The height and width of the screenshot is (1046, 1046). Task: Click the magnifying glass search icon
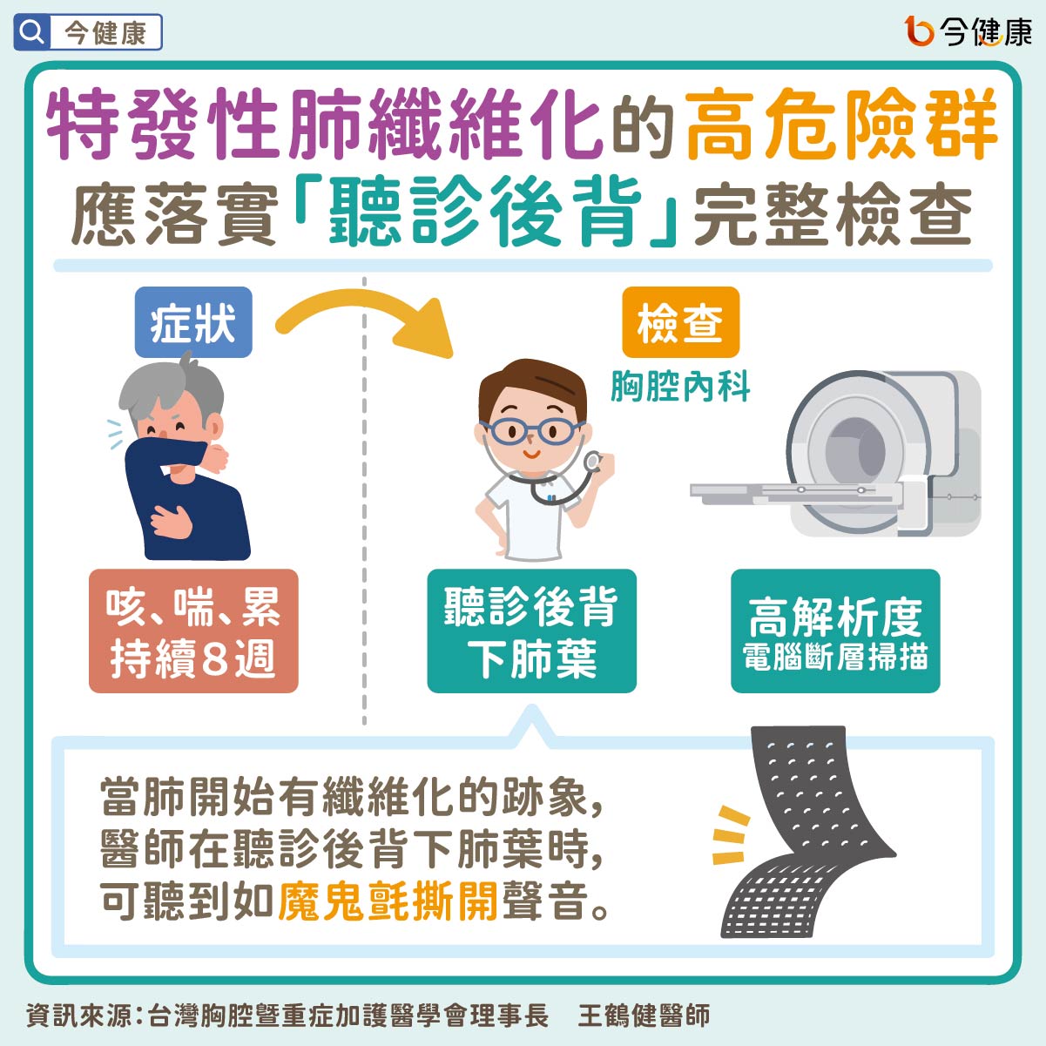click(x=32, y=32)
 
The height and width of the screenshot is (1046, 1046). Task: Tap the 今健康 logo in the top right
click(x=968, y=31)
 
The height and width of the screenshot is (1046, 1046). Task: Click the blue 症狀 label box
click(x=193, y=322)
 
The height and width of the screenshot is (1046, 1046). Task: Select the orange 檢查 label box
click(x=681, y=322)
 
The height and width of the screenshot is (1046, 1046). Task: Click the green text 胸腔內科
click(x=681, y=387)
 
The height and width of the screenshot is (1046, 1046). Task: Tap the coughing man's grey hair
click(x=171, y=386)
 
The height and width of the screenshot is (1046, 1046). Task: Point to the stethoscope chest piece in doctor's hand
click(x=592, y=462)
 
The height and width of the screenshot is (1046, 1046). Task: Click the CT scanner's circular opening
click(x=855, y=450)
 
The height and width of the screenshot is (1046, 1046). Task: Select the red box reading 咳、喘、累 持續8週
click(x=193, y=631)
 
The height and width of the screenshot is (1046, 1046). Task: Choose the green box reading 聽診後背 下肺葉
click(x=532, y=631)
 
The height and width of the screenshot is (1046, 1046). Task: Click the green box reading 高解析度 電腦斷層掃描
click(x=835, y=631)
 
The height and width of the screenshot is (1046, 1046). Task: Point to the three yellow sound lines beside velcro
click(x=730, y=835)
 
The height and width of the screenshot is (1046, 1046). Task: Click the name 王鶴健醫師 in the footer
click(x=644, y=1015)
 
